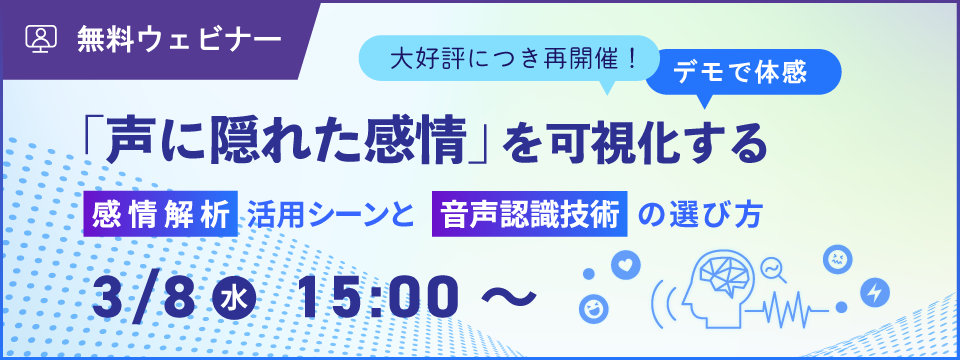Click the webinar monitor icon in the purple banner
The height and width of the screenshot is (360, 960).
(x=41, y=39)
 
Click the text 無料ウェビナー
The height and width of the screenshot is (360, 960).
(x=179, y=39)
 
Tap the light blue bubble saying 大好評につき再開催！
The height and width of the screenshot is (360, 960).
(x=508, y=60)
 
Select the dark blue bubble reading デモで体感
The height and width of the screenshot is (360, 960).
(x=743, y=73)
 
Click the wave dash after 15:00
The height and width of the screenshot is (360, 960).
(x=508, y=298)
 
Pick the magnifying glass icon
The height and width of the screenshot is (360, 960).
(x=773, y=271)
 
